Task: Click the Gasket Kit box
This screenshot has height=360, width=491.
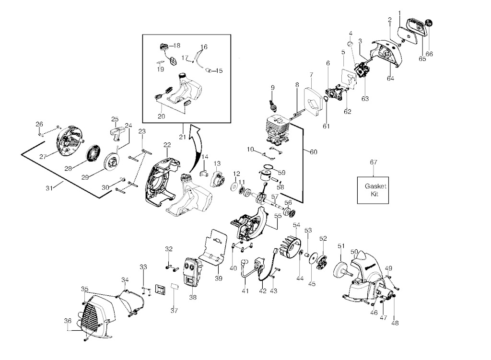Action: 373,190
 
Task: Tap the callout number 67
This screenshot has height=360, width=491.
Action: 373,162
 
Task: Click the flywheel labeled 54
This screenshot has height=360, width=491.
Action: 288,245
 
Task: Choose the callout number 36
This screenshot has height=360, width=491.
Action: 68,321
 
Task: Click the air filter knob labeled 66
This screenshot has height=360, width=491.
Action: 429,23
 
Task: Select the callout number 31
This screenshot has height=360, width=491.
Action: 49,188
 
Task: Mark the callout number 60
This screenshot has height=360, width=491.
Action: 314,152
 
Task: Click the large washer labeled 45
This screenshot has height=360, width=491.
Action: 312,256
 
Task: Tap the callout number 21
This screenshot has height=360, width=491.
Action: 183,137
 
